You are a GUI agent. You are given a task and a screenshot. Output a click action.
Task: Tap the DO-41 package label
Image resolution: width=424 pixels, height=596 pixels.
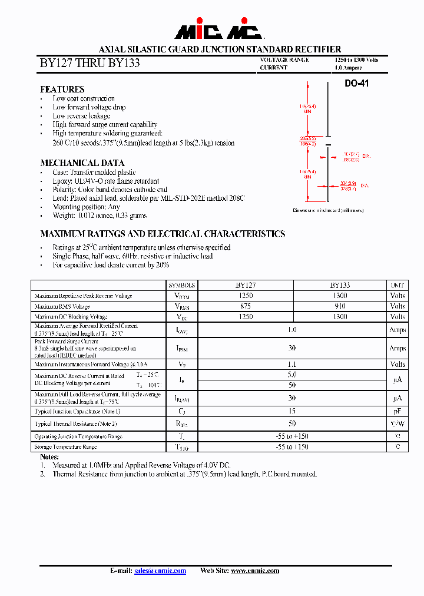[x=356, y=84]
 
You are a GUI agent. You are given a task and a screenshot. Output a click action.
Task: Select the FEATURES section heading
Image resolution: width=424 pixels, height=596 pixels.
[x=62, y=89]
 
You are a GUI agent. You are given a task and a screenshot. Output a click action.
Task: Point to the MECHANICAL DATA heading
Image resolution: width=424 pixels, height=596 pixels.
[x=82, y=163]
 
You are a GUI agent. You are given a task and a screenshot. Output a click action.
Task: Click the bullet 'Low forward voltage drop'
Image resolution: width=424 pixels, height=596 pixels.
[x=89, y=107]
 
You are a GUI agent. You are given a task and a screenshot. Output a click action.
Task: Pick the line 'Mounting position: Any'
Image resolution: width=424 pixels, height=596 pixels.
[x=86, y=207]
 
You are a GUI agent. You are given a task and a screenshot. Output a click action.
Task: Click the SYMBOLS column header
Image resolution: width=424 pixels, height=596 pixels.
[x=181, y=284]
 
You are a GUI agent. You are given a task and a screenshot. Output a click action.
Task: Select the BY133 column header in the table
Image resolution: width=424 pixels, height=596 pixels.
[x=340, y=284]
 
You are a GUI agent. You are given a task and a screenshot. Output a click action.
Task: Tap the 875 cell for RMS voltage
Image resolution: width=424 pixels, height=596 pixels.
[x=246, y=306]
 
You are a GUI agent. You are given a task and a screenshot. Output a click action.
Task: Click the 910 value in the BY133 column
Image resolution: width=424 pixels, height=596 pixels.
[x=340, y=306]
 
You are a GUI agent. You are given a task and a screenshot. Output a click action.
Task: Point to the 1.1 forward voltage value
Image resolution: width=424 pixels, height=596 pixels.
[x=292, y=365]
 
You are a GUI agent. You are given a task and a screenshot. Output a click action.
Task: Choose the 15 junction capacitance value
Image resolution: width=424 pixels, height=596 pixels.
[x=292, y=411]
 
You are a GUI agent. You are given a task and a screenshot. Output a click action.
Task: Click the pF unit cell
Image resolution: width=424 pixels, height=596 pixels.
[x=397, y=411]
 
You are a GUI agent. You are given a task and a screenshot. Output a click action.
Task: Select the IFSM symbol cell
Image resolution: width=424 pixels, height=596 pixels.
[x=181, y=348]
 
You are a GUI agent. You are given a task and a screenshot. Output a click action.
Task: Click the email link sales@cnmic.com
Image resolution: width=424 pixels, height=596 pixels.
[x=160, y=571]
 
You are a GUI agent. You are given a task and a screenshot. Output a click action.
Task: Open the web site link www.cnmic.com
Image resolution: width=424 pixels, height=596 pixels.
[x=255, y=571]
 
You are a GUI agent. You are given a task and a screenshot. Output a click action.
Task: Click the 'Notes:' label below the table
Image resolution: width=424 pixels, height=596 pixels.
[x=49, y=457]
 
